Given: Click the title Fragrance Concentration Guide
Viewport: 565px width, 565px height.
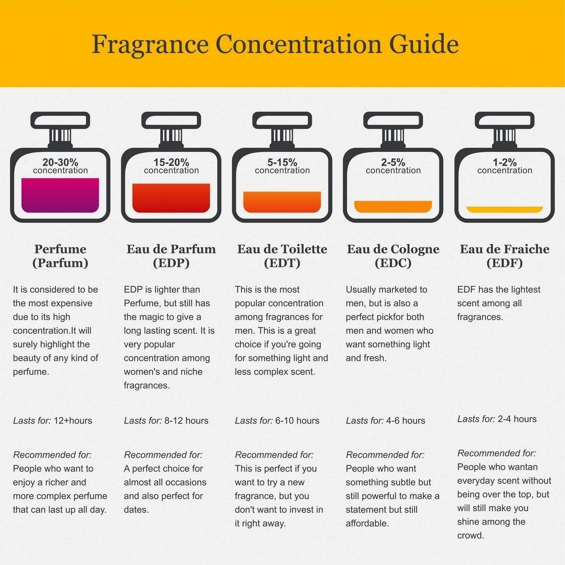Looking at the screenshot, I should pos(275,44).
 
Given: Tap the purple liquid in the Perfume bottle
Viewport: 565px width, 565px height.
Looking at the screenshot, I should pos(60,195).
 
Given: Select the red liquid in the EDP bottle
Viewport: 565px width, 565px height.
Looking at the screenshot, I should pos(171,198).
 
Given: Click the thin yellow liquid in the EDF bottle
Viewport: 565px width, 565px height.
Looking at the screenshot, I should pos(505,209).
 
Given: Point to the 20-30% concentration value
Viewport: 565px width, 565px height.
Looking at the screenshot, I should pos(60,162).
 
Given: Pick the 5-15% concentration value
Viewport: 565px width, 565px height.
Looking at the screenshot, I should pos(282,162).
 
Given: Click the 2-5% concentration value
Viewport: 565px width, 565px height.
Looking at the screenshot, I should pos(393,162).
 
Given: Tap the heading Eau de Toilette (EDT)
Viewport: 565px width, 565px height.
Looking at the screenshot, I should pos(282,256).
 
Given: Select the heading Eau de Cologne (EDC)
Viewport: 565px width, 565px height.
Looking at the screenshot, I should pos(393,256).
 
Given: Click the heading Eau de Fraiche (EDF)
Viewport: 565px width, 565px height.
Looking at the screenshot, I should pos(505,256).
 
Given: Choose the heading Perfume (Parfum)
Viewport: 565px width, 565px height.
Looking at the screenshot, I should pos(60,256).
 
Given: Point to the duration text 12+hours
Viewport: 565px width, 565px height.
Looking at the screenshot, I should pos(73,421).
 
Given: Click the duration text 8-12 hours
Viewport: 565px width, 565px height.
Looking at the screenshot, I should pos(186,421).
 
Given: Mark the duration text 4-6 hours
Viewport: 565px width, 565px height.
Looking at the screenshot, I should pos(406,421).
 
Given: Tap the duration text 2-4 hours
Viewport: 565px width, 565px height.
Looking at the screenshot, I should pos(517,419).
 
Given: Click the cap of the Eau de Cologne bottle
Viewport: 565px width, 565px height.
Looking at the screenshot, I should pos(393,120).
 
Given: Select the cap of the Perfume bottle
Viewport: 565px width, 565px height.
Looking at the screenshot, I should pos(60,120).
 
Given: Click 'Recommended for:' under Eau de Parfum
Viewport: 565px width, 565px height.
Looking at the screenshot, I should pos(163,455).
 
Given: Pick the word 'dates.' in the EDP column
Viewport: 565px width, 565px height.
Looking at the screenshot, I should pos(136,510).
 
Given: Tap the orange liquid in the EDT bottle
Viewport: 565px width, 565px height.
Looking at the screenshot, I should pos(282,202).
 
